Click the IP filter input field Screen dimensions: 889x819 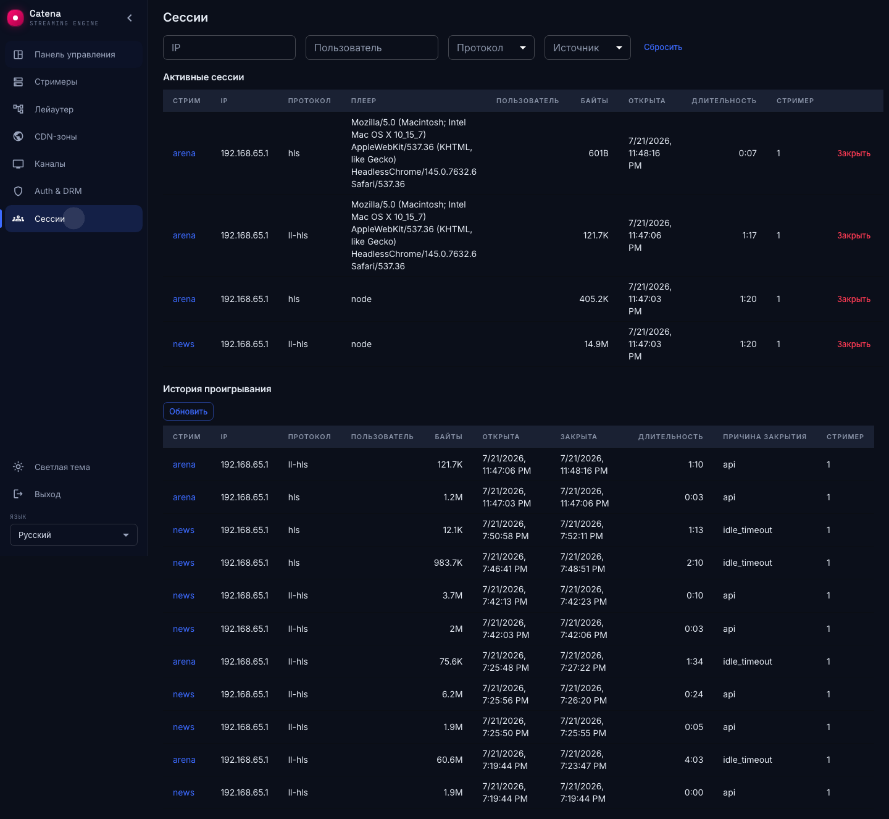[229, 48]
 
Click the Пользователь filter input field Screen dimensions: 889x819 [372, 48]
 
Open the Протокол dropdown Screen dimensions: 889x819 [491, 48]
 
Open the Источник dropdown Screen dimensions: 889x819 [587, 48]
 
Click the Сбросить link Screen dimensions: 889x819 [662, 47]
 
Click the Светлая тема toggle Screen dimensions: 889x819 [62, 467]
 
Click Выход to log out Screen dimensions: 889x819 [48, 494]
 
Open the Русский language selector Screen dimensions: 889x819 [73, 535]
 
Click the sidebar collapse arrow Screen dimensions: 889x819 [130, 18]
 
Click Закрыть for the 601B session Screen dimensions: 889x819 [854, 153]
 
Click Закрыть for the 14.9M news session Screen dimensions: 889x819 [854, 344]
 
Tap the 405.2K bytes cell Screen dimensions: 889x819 [593, 299]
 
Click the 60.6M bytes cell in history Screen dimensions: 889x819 [449, 760]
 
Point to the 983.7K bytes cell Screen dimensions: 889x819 [448, 563]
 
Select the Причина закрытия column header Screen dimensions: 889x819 [764, 437]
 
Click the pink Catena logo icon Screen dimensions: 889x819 [15, 18]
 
